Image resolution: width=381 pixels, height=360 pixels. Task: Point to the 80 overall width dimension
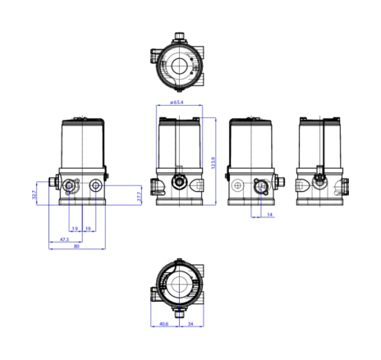(x=77, y=247)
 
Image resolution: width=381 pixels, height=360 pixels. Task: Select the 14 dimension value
(x=269, y=215)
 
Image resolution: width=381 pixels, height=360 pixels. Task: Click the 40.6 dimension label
(x=163, y=324)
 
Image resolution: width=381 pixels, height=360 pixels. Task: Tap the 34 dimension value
(x=191, y=324)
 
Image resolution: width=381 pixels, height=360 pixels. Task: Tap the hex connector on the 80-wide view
(x=53, y=182)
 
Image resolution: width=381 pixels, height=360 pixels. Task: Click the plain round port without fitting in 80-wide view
(x=97, y=185)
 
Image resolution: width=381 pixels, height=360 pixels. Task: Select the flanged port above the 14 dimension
(x=262, y=187)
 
